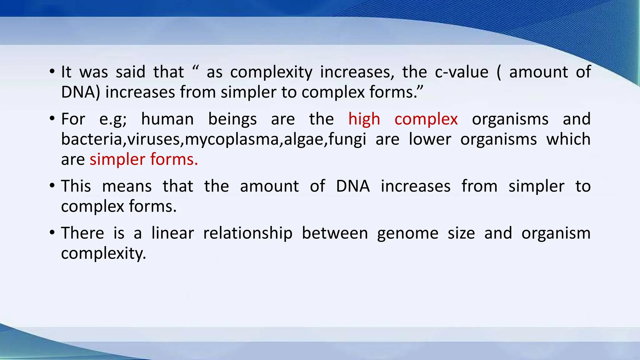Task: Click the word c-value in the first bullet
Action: click(x=462, y=72)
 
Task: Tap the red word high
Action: click(x=364, y=119)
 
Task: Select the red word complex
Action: click(x=426, y=119)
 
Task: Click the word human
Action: click(x=167, y=119)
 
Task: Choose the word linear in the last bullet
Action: click(x=172, y=233)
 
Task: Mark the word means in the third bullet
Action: click(x=127, y=186)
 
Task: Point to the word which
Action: click(x=568, y=139)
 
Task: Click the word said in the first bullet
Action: click(x=131, y=72)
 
